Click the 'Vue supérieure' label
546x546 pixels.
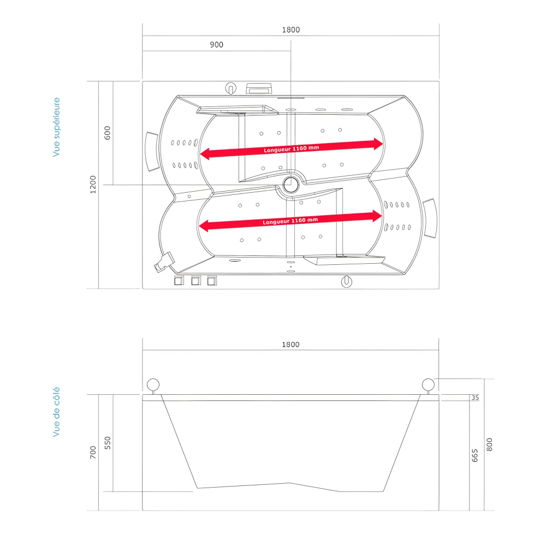tap(56, 127)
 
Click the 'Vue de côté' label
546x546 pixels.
tap(56, 412)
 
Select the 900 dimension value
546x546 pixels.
tap(216, 45)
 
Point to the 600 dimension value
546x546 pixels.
tap(107, 132)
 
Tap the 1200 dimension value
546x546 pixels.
tap(93, 184)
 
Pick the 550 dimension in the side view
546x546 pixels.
tap(107, 442)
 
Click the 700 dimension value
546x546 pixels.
tap(93, 452)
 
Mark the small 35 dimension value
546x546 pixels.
tap(474, 397)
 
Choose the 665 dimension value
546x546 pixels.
tap(474, 454)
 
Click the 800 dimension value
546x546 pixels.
tap(489, 444)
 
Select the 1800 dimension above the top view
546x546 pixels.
tap(290, 30)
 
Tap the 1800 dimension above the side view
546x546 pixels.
tap(290, 345)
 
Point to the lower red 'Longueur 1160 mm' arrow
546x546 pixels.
tap(290, 221)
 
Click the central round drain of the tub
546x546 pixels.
tap(291, 184)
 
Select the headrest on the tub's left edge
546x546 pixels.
tap(151, 151)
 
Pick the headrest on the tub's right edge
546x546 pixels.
tap(431, 218)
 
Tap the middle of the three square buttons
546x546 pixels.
tap(195, 281)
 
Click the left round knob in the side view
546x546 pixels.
tap(153, 384)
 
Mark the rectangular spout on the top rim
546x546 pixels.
tap(260, 88)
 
